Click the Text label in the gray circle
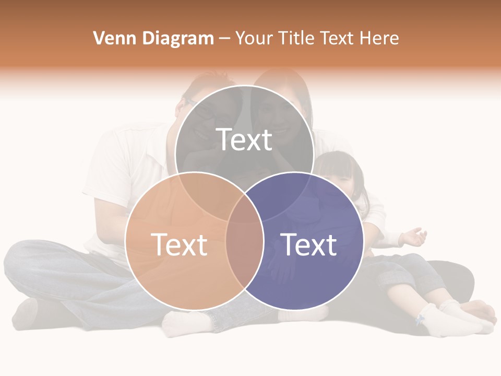244,140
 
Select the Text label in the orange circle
179,244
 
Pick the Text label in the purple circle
309,244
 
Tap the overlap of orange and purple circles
245,251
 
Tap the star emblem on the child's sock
420,319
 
